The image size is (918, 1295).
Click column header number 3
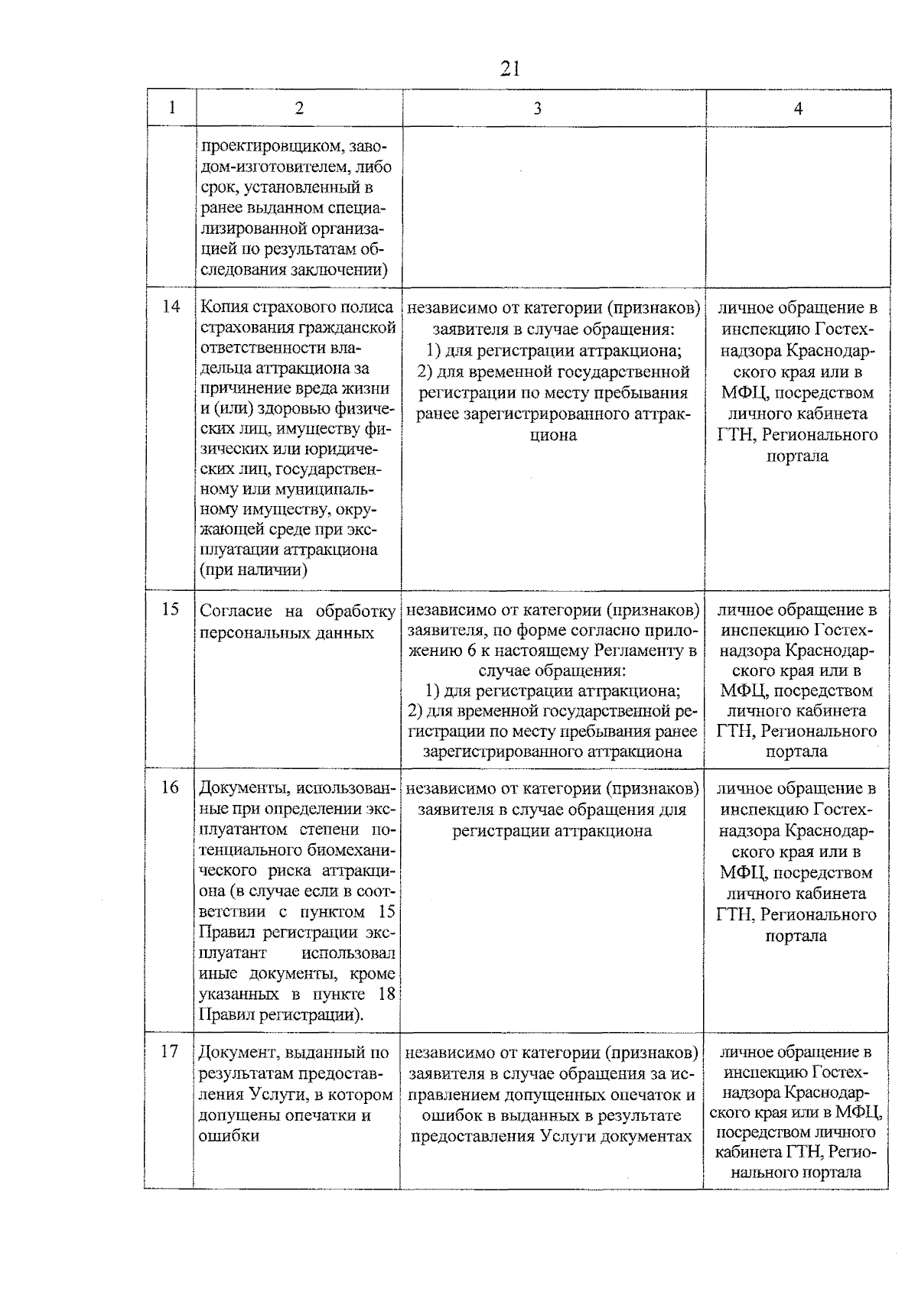click(x=538, y=109)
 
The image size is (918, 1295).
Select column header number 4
click(x=798, y=109)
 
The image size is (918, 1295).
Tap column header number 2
click(x=298, y=109)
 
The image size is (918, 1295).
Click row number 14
click(x=171, y=307)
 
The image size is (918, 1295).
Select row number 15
click(x=171, y=609)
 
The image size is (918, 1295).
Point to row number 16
click(x=170, y=787)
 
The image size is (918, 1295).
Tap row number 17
click(x=170, y=1052)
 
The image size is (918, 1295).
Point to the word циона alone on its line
click(x=553, y=435)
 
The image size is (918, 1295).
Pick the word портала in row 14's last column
click(x=797, y=456)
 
